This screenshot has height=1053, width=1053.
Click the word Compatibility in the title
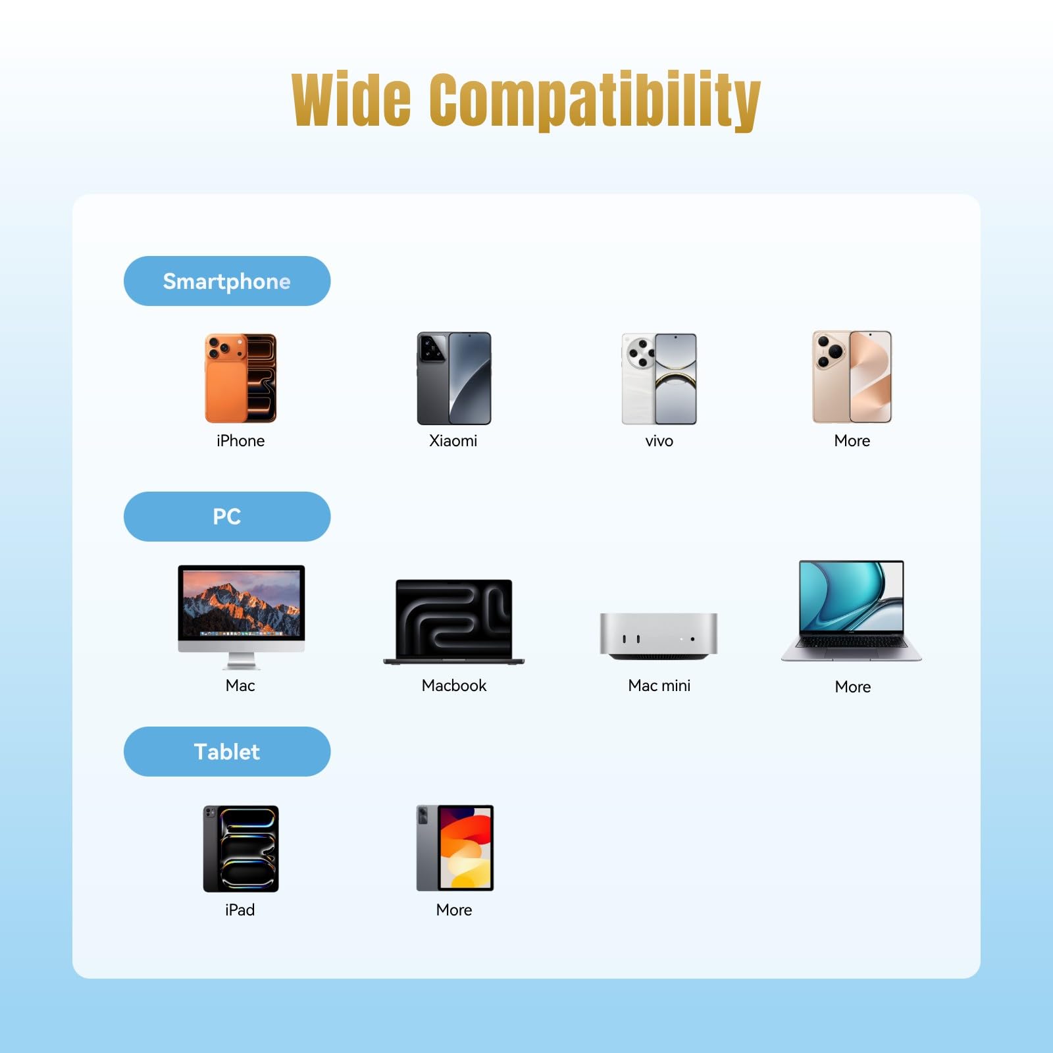596,101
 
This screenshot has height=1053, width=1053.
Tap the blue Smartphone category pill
227,281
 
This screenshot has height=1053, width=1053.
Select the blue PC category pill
227,517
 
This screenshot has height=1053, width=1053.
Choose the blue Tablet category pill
227,752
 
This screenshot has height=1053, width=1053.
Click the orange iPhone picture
241,378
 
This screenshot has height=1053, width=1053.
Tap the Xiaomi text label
453,441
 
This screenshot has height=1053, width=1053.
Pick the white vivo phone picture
659,378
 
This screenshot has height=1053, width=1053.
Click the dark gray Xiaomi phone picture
454,378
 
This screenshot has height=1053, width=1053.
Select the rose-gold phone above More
852,377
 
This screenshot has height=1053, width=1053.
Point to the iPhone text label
241,441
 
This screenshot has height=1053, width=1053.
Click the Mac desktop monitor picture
242,617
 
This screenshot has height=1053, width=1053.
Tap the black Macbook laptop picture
454,622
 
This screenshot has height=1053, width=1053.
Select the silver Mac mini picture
659,636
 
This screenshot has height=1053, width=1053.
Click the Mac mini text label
659,686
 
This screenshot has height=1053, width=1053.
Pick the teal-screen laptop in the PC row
852,611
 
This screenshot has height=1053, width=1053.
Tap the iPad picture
241,849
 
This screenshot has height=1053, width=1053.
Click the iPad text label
240,910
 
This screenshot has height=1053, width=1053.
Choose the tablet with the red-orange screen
455,848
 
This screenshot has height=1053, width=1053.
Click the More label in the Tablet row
454,910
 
